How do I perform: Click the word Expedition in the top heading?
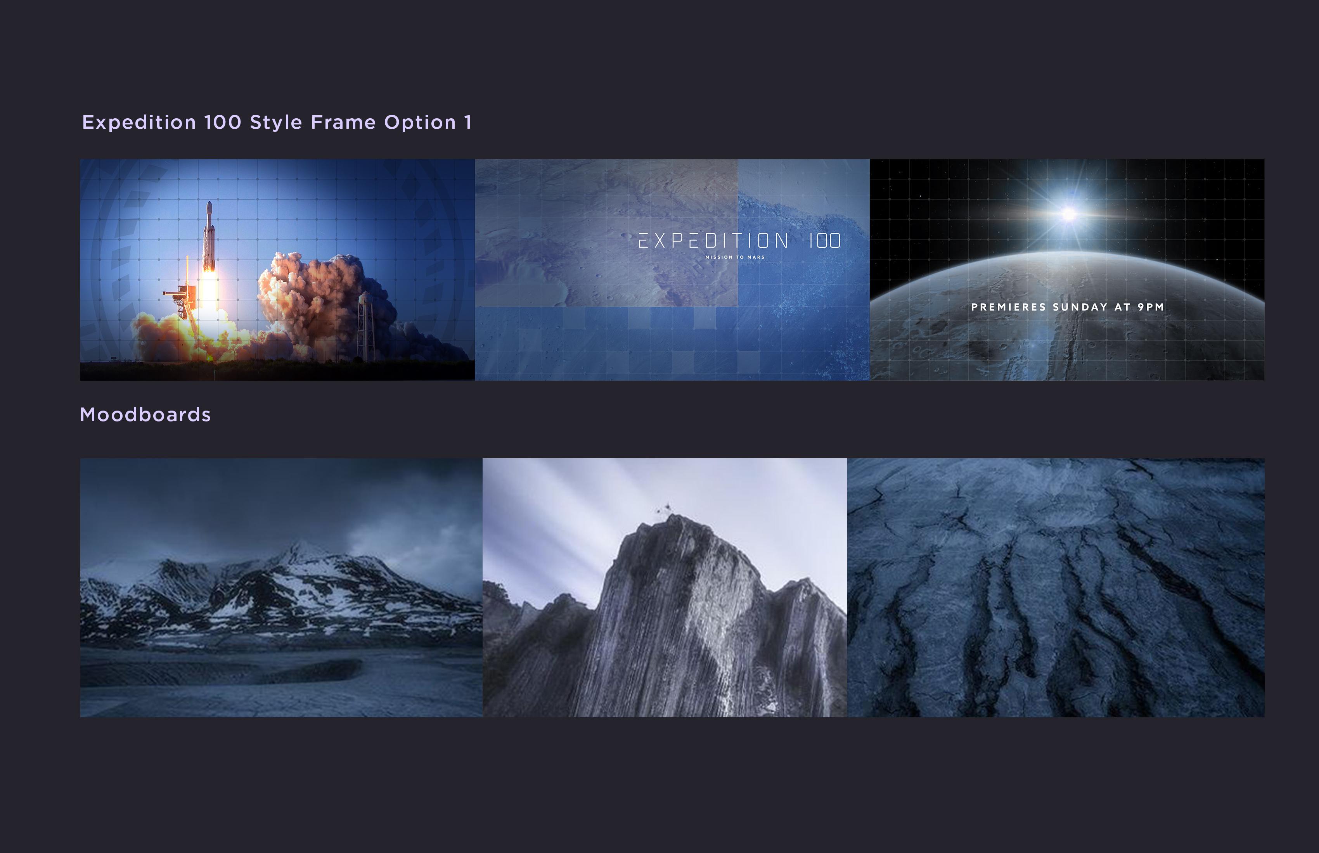point(139,123)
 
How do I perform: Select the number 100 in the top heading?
point(223,123)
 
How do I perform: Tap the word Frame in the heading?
point(343,123)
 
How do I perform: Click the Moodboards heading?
point(145,415)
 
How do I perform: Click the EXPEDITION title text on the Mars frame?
point(714,241)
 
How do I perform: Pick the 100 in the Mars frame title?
point(825,241)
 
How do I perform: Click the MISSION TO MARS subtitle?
point(735,257)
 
